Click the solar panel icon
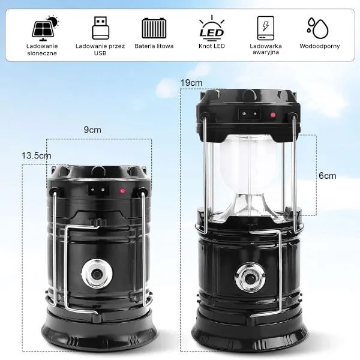coord(45,28)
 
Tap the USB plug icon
coord(100,28)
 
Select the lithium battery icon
coord(154,28)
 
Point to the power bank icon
coord(265,28)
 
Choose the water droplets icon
coord(318,28)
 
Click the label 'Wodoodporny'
coord(319,46)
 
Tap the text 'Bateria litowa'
coord(154,46)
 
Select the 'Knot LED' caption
coord(212,46)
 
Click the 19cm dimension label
coord(191,83)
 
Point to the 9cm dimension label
coord(92,130)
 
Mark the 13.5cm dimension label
coord(36,155)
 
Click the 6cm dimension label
coord(328,176)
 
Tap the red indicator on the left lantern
coord(122,190)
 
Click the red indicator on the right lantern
coord(273,115)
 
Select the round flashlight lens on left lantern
coord(97,274)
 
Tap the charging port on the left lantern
coord(99,190)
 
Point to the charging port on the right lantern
coord(250,113)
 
